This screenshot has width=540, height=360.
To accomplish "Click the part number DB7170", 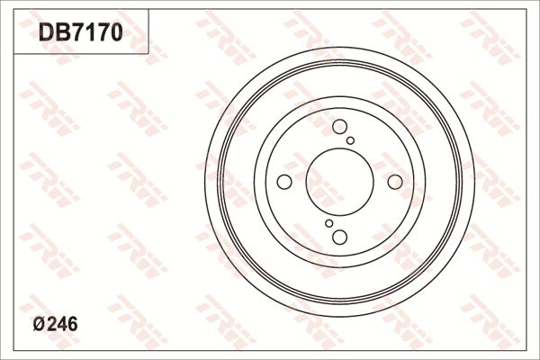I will point(80,33).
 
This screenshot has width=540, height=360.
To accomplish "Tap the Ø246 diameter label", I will point(56,326).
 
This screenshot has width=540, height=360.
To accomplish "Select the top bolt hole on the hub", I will point(339,128).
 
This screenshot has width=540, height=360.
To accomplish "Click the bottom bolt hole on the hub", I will point(339,237).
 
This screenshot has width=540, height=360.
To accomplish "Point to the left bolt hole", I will point(284,182).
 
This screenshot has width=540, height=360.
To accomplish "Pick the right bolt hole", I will point(394,182).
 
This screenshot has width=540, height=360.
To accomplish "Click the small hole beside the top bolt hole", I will point(351,140).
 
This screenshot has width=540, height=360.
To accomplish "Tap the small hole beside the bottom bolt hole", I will point(328,223).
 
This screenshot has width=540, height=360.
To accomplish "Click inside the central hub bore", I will point(339,182).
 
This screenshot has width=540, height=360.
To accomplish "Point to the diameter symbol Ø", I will point(37,326).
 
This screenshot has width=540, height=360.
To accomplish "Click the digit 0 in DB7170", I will point(114,33).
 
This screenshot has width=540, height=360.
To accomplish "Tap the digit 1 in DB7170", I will point(86,33).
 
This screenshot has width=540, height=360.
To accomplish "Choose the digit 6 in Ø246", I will point(72,326).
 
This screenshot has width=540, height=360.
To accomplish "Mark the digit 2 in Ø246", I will point(49,326).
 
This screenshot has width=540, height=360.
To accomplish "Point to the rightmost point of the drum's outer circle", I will point(474,182).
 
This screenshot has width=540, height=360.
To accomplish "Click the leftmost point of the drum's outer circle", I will point(204,182).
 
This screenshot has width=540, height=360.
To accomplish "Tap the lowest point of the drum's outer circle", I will point(339,317).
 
